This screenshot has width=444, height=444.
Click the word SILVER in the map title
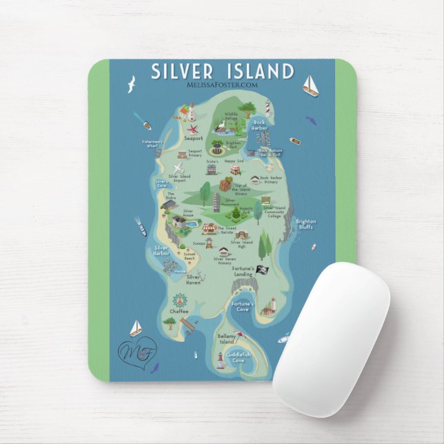click(183, 72)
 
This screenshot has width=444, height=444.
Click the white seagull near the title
click(129, 84)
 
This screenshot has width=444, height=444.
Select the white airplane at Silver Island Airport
click(179, 168)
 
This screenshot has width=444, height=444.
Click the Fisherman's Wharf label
click(152, 143)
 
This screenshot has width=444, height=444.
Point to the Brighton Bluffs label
click(305, 224)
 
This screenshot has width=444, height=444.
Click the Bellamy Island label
click(227, 340)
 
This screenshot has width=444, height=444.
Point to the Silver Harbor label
click(161, 250)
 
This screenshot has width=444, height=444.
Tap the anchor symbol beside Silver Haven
click(203, 276)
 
